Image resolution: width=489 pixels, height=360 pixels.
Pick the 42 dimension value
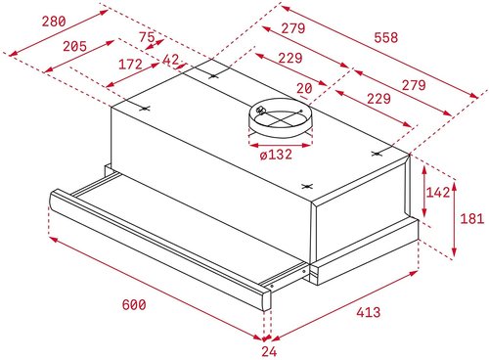click(170, 62)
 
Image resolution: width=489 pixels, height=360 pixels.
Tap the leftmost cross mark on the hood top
click(145, 109)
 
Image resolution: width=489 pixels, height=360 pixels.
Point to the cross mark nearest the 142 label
click(378, 154)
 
